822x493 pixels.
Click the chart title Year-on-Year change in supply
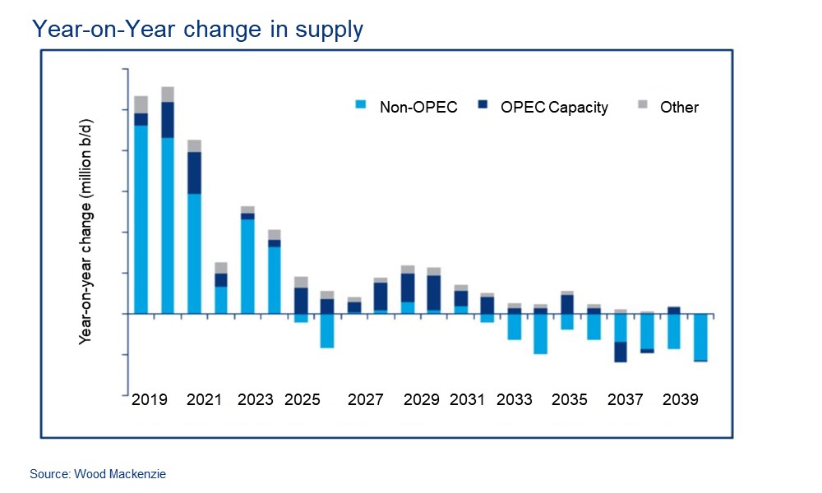click(x=196, y=30)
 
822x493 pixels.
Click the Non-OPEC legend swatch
click(x=359, y=105)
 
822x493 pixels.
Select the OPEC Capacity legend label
click(x=554, y=107)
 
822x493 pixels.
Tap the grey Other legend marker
click(x=643, y=105)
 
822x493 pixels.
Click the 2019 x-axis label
click(x=150, y=400)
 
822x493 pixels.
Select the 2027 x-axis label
click(x=366, y=400)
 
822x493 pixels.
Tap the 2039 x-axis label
click(x=681, y=400)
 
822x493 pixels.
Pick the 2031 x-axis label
click(x=467, y=400)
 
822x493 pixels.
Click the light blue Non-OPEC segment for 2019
click(x=141, y=219)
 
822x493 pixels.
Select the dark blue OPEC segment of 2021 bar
click(x=195, y=173)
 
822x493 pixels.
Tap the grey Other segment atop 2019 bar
click(x=141, y=104)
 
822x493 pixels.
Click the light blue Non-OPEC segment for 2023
click(x=247, y=266)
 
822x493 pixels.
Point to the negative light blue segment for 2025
click(x=301, y=318)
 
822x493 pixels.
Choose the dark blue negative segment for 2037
click(x=621, y=352)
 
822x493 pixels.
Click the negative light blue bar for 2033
click(x=514, y=326)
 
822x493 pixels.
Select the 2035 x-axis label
click(x=570, y=400)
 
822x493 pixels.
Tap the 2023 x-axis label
click(x=256, y=400)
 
